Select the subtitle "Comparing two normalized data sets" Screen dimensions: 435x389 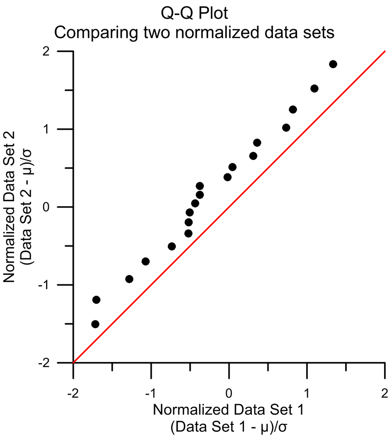tap(194, 33)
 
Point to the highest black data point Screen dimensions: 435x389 tap(333, 64)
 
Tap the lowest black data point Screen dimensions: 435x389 tap(95, 324)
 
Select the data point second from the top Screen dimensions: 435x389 tap(314, 88)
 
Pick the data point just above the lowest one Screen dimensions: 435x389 tap(96, 299)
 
